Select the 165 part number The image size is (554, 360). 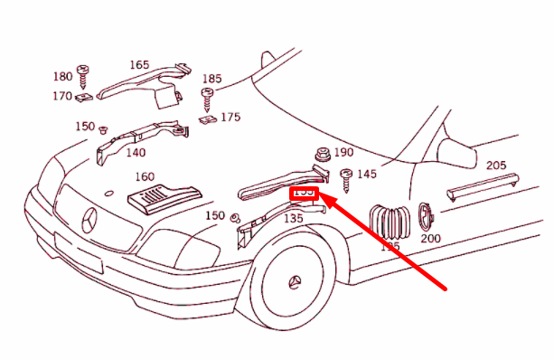139,65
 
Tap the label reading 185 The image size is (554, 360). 212,80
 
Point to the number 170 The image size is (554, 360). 61,96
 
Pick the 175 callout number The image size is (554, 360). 230,117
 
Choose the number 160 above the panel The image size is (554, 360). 145,176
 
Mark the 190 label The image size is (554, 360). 344,153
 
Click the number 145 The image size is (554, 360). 367,174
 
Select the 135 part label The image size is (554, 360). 293,218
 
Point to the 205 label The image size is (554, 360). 495,166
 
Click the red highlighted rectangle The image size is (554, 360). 304,192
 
